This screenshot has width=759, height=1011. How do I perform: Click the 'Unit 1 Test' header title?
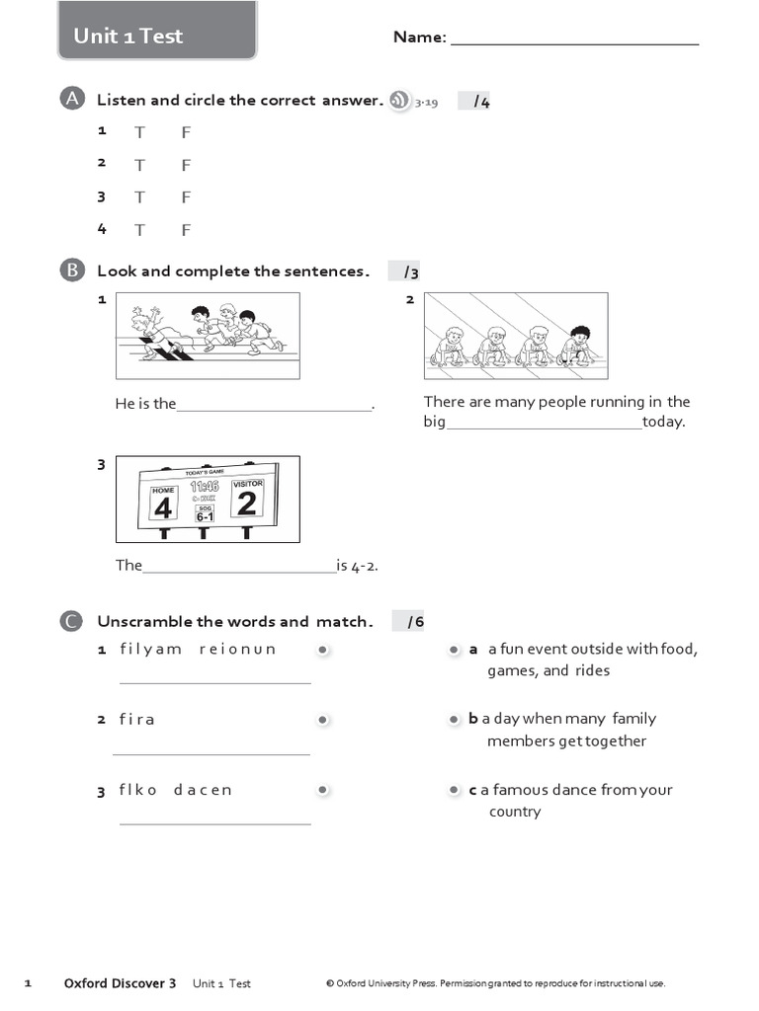[128, 37]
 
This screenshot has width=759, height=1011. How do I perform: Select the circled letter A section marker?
[71, 99]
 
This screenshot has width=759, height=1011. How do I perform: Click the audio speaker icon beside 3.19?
[398, 100]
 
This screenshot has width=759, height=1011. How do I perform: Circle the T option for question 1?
[140, 133]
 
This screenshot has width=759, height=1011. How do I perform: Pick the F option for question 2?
[186, 165]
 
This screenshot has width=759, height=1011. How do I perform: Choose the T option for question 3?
[140, 197]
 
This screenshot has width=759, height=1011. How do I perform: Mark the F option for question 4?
[186, 230]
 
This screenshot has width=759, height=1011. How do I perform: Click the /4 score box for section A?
[475, 101]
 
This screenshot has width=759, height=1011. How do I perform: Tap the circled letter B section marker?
[71, 271]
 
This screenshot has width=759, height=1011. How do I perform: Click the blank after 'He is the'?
[274, 405]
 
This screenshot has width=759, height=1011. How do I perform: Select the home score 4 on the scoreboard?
[163, 507]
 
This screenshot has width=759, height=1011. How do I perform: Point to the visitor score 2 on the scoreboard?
[247, 504]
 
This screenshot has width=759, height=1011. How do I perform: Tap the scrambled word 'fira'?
[137, 720]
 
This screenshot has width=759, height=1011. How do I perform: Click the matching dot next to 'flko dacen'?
[322, 790]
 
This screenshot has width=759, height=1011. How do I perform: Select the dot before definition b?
[454, 720]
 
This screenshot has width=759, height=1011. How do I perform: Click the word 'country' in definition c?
[515, 812]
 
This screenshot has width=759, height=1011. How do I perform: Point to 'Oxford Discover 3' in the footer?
[120, 983]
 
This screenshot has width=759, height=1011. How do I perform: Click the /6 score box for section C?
[408, 621]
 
